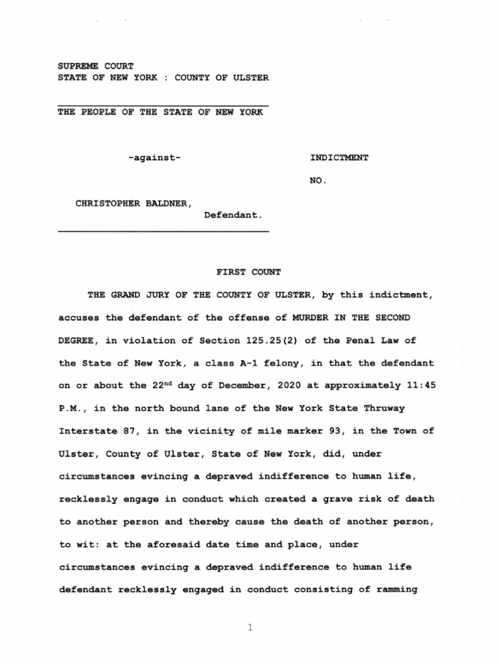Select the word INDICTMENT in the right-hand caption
[339, 158]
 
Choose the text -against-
[154, 158]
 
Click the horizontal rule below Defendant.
[163, 231]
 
